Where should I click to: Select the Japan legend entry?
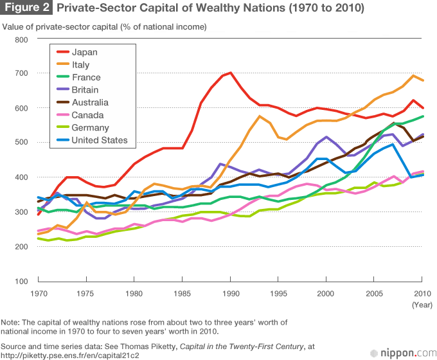pos(85,53)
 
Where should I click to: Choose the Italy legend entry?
pos(80,65)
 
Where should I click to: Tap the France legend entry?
pos(86,78)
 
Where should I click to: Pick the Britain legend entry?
pos(86,90)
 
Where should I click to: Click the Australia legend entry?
pos(90,103)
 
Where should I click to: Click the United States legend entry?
pos(99,140)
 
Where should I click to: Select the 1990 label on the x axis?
pos(230,294)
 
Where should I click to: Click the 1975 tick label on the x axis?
pos(85,294)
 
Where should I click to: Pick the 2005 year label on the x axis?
pos(374,294)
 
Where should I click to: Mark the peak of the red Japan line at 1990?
pos(230,73)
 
